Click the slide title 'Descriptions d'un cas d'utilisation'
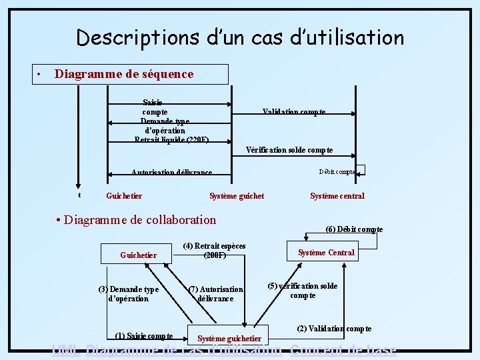pos(240,37)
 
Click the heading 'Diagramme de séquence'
pos(124,74)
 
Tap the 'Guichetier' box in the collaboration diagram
pos(138,255)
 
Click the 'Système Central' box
pos(326,252)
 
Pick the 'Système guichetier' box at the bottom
pos(229,339)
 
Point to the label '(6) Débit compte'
pos(354,229)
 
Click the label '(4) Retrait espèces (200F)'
pos(214,251)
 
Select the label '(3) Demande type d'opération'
pos(128,294)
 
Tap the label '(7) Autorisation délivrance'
pos(215,294)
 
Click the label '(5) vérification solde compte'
pos(303,291)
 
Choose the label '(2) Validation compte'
pos(334,329)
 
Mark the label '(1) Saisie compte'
pos(144,335)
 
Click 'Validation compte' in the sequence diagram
pos(294,112)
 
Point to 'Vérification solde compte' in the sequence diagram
pos(289,150)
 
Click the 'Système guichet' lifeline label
pos(237,196)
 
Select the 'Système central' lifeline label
pos(337,196)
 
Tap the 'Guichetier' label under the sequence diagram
pos(124,196)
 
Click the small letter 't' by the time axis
pos(79,195)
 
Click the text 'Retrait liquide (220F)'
pos(171,140)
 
